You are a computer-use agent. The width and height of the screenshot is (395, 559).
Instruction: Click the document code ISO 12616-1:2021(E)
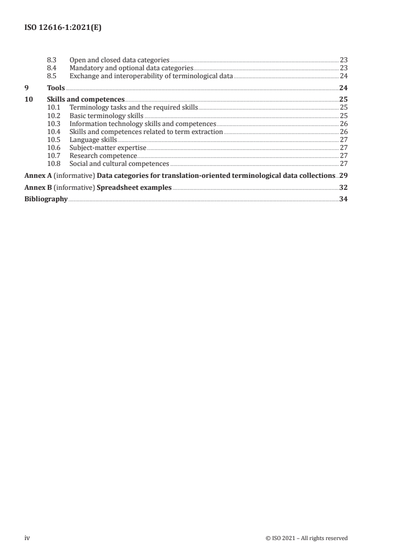pyautogui.click(x=63, y=28)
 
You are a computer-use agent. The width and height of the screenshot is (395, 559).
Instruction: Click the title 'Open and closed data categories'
pyautogui.click(x=120, y=60)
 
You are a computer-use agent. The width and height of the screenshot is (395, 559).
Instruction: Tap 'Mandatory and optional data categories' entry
pyautogui.click(x=131, y=68)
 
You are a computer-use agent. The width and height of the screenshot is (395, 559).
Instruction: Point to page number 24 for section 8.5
pyautogui.click(x=343, y=76)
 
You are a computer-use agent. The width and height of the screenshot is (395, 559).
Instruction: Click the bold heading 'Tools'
pyautogui.click(x=56, y=88)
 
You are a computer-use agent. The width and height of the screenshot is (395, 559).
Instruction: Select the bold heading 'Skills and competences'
pyautogui.click(x=86, y=99)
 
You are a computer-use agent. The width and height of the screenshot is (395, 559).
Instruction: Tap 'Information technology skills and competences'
pyautogui.click(x=142, y=124)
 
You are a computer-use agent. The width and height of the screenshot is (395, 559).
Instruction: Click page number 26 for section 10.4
pyautogui.click(x=343, y=132)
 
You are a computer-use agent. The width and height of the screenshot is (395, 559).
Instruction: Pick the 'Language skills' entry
pyautogui.click(x=93, y=140)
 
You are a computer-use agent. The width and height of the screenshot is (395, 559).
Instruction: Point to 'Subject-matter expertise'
pyautogui.click(x=108, y=147)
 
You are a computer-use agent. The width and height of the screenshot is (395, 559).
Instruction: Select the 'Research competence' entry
pyautogui.click(x=103, y=155)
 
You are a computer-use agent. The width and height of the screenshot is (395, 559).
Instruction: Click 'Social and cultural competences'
pyautogui.click(x=119, y=163)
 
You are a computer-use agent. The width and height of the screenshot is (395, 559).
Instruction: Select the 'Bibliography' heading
pyautogui.click(x=46, y=200)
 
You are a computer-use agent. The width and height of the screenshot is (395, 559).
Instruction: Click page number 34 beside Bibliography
pyautogui.click(x=343, y=200)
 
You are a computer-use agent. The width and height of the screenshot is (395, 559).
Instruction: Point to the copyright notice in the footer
pyautogui.click(x=307, y=538)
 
